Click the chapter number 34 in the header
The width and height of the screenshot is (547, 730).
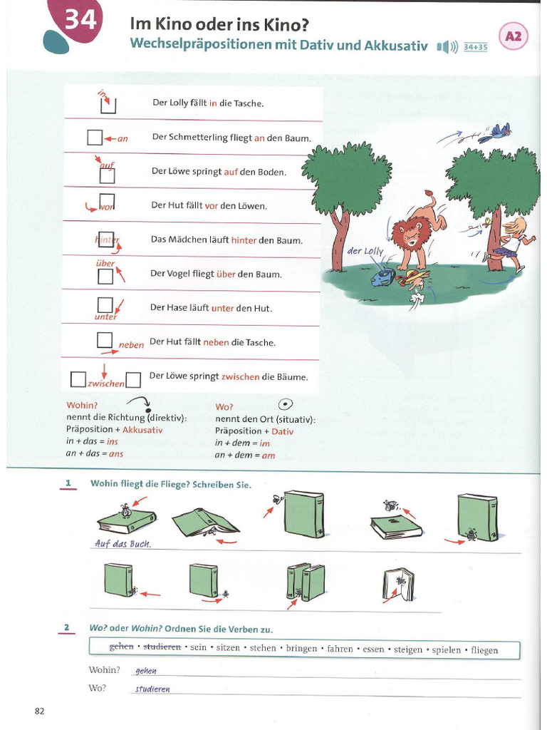[80, 21]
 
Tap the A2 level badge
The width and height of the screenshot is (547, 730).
[514, 36]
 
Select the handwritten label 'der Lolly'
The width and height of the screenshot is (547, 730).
[365, 251]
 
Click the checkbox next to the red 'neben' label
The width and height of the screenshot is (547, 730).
[105, 340]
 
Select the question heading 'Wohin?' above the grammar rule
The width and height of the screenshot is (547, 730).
[82, 406]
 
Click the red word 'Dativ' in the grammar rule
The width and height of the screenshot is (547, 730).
[282, 431]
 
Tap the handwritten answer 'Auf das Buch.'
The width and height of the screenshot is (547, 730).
[123, 544]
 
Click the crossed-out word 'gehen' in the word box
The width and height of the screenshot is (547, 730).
[121, 649]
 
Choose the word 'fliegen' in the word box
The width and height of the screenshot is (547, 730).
[484, 650]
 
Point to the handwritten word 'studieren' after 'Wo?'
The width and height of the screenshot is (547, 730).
[152, 689]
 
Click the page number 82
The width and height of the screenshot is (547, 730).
[39, 711]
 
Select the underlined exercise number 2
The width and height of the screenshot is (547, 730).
[66, 628]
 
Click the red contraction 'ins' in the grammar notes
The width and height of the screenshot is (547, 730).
[113, 442]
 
